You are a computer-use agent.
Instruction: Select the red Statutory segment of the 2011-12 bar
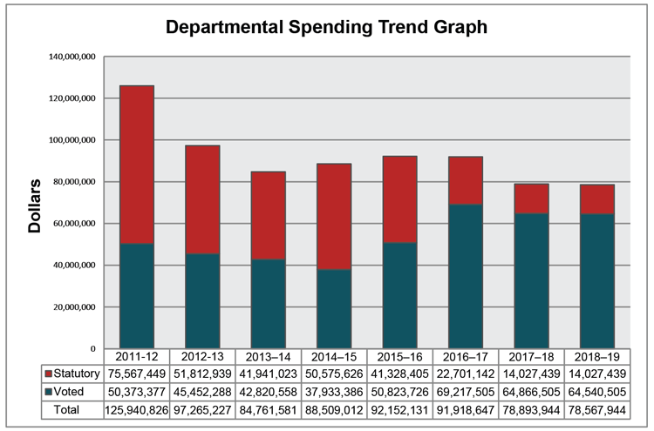click(x=136, y=165)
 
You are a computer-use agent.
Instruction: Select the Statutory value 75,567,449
click(x=136, y=373)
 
